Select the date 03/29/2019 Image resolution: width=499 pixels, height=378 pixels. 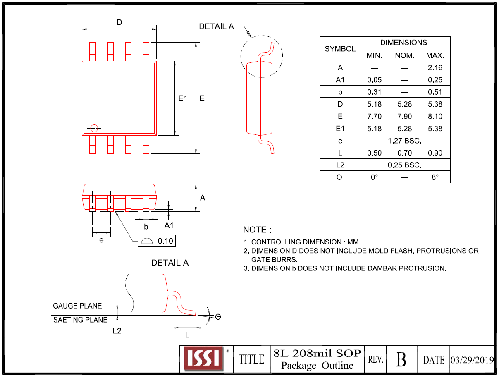(x=472, y=359)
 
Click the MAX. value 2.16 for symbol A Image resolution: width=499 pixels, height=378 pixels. (x=435, y=68)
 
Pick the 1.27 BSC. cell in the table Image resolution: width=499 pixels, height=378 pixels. (x=404, y=141)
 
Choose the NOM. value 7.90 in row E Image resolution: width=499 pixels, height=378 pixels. (x=404, y=117)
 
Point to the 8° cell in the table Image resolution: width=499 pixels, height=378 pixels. (x=435, y=177)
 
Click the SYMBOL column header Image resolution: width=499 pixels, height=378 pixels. (x=340, y=49)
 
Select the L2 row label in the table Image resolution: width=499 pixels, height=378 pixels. (x=340, y=165)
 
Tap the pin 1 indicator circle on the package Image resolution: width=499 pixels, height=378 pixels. (x=94, y=128)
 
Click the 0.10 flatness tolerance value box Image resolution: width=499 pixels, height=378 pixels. (x=165, y=241)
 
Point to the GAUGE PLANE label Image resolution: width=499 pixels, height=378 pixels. (x=77, y=306)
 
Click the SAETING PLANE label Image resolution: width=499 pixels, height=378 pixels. (x=80, y=320)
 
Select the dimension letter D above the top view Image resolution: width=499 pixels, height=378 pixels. (x=119, y=22)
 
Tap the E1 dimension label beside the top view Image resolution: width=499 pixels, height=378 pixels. (x=183, y=98)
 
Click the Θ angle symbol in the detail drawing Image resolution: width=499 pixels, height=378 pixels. (x=218, y=317)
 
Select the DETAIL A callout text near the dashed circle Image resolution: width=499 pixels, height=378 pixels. (x=216, y=26)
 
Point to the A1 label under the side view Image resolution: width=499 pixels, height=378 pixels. (x=169, y=225)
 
